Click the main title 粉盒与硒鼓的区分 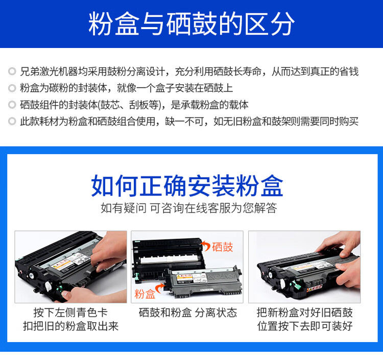point(192,25)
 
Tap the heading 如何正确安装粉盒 point(187,185)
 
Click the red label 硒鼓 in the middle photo point(222,247)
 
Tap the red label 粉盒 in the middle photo point(145,294)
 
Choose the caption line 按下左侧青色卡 point(70,313)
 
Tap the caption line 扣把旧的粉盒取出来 point(70,326)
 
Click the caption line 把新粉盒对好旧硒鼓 point(304,313)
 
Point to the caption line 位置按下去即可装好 point(304,326)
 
